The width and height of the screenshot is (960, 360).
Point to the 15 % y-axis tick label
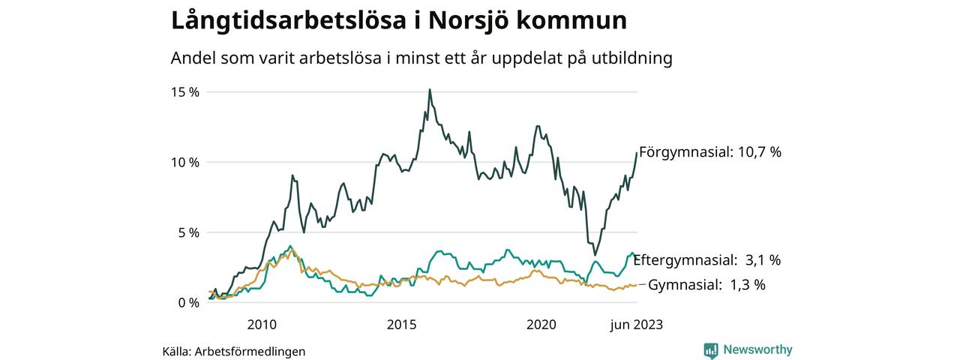(184, 92)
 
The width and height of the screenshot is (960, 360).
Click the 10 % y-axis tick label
(184, 162)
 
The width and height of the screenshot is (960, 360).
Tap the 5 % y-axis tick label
(187, 232)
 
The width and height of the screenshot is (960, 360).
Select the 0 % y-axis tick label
(187, 303)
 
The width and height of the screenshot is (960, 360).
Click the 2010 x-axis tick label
(262, 325)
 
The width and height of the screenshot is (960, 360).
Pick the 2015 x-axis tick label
(402, 325)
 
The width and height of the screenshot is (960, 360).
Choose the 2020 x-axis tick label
(541, 325)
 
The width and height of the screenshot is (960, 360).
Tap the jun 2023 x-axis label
(636, 325)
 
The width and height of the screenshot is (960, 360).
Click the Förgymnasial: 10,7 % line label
(709, 152)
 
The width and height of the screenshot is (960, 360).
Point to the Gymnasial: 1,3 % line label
(706, 285)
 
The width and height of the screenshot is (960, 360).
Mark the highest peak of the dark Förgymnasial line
(430, 90)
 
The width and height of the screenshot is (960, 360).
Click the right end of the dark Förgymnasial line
(637, 153)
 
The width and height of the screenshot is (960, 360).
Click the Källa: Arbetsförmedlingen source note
(234, 351)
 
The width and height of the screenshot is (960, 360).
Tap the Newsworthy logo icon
(711, 350)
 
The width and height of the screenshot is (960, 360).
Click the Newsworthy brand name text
(757, 349)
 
